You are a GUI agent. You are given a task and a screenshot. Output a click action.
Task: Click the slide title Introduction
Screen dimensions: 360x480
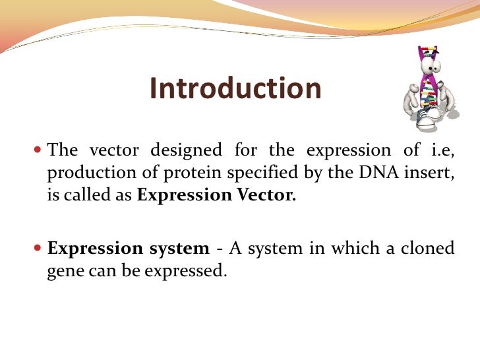pos(235,89)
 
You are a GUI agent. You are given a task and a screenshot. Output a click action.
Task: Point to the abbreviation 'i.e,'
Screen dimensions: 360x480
pos(441,150)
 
